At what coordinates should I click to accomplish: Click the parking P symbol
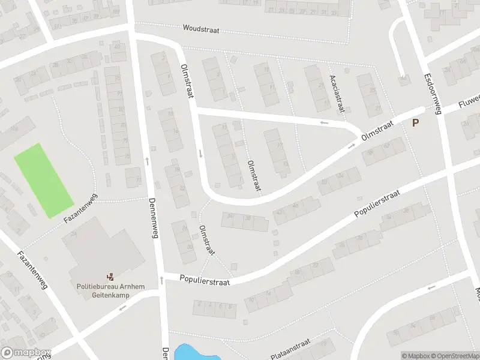(415, 122)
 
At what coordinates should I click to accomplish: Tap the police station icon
(110, 277)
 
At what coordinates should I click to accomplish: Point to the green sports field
(43, 180)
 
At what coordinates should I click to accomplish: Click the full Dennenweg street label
(154, 219)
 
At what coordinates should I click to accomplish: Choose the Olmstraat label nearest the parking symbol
(377, 130)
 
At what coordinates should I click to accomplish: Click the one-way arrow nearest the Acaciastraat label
(324, 122)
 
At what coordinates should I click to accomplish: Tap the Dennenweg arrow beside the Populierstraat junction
(161, 280)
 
